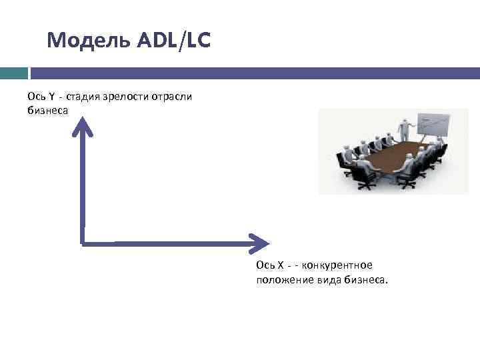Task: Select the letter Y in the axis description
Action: point(51,97)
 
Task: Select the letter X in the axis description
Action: point(281,265)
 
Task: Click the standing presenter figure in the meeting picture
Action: point(404,129)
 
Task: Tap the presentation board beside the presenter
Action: point(433,127)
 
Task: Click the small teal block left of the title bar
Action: point(13,73)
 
